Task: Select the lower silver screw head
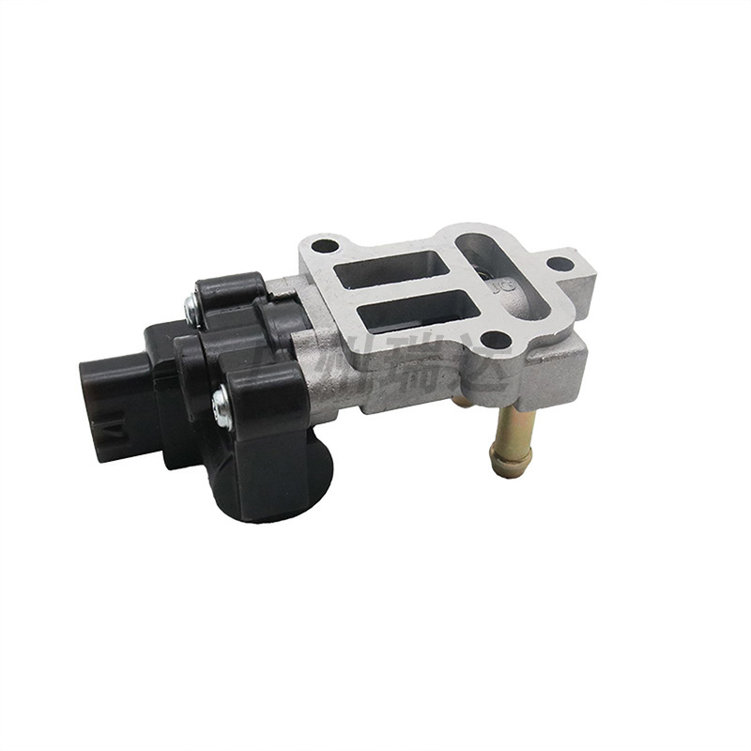pos(222,405)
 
